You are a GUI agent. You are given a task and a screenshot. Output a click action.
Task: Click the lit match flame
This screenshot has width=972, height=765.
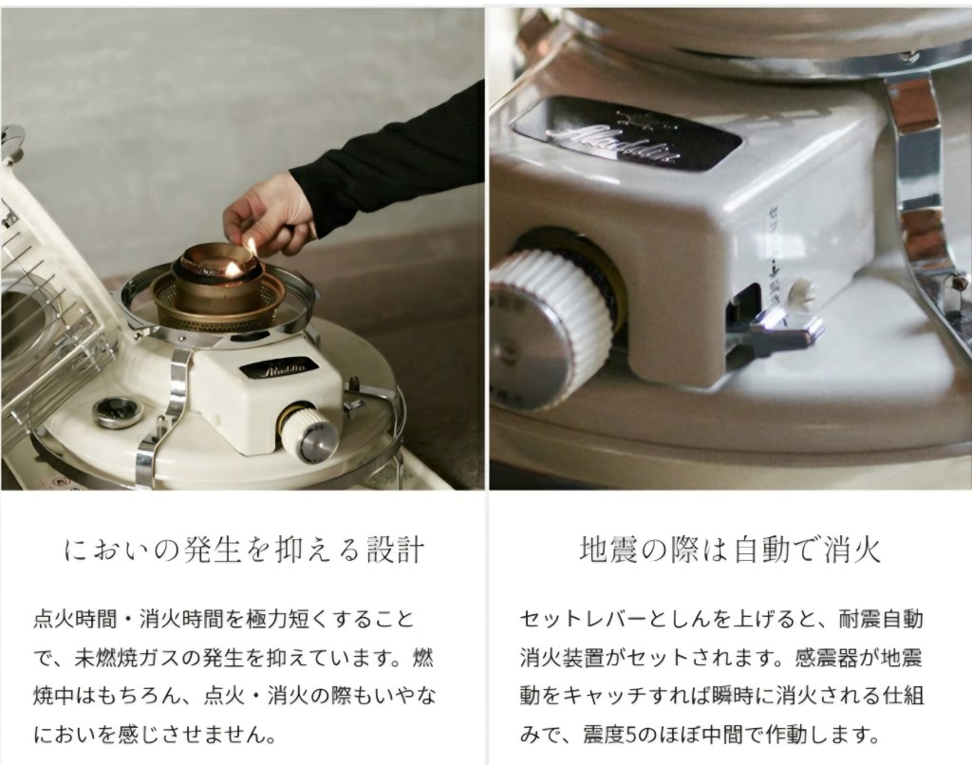point(250,246)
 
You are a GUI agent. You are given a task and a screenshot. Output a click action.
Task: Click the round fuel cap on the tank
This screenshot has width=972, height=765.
point(116,413)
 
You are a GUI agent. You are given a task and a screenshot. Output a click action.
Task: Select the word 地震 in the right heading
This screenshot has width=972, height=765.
point(608,550)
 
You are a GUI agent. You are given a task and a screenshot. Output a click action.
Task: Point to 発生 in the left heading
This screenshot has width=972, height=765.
point(214,550)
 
